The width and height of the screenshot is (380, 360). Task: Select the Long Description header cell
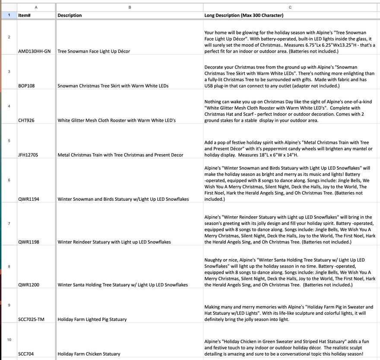pos(244,16)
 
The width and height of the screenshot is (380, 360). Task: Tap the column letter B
pos(130,7)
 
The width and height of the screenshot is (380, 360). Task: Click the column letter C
pos(290,7)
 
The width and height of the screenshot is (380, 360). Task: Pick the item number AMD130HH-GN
pos(34,51)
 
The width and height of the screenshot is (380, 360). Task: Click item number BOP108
pos(26,86)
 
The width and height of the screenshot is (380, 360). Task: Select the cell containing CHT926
pos(26,120)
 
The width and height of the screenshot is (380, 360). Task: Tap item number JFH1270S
pos(28,155)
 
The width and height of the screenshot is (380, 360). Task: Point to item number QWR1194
pos(28,199)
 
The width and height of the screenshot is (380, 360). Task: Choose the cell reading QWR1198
pos(28,242)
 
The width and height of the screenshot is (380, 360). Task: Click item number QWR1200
pos(28,285)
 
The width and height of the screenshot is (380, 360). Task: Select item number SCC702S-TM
pos(31,319)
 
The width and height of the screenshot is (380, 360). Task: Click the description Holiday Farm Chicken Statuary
pos(89,354)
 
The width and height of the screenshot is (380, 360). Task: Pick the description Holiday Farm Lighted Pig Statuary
pos(92,319)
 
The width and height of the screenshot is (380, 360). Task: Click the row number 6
pos(9,180)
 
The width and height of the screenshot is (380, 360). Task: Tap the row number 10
pos(9,340)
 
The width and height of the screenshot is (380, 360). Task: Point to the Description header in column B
pos(70,16)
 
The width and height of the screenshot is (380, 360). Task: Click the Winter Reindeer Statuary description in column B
pos(114,242)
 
